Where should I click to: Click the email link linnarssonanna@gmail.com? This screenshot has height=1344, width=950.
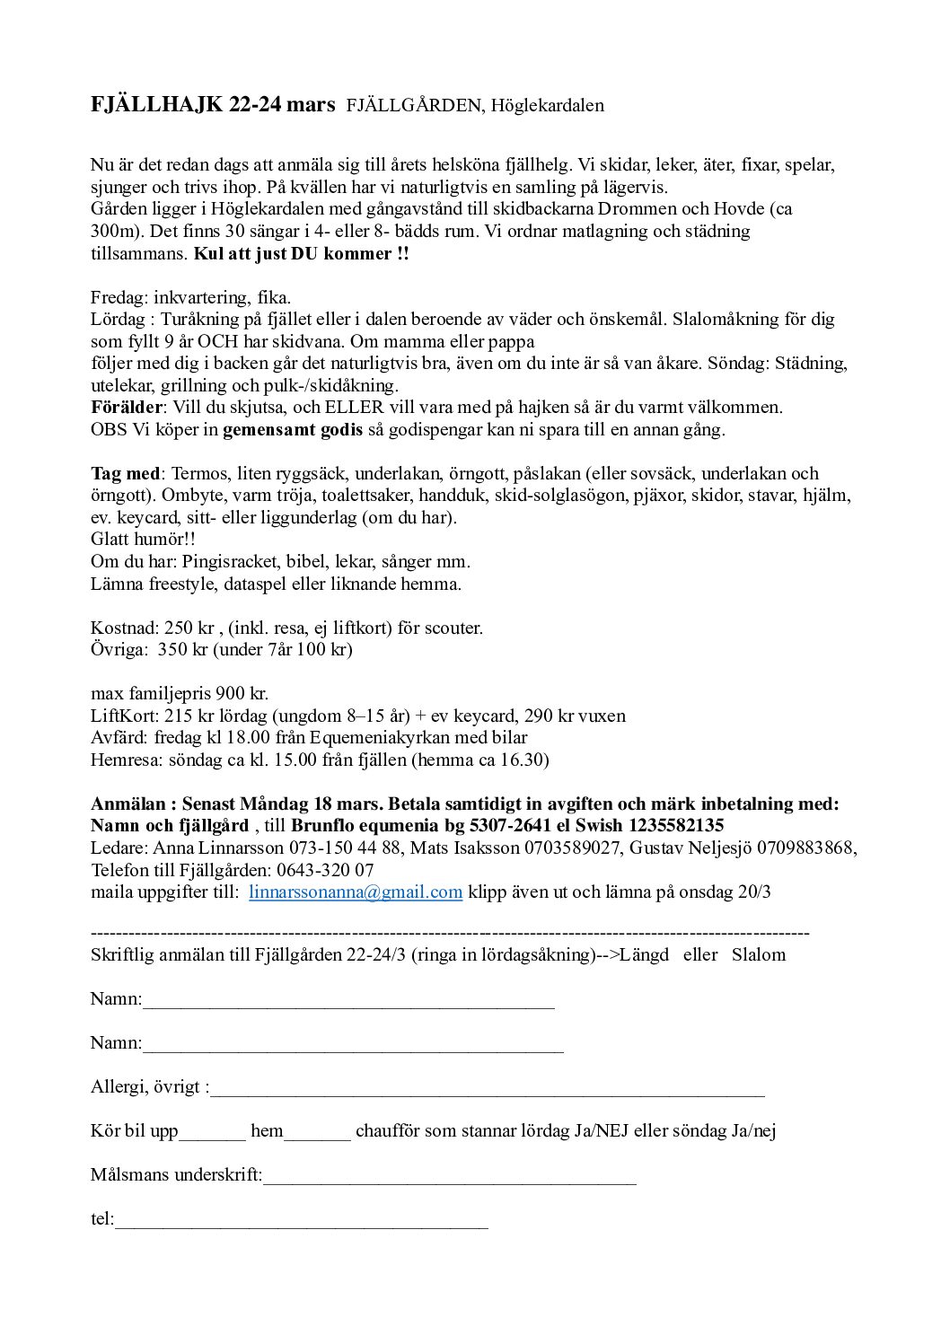[355, 892]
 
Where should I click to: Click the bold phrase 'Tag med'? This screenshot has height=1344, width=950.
[126, 473]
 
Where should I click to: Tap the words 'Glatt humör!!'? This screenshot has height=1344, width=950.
[143, 540]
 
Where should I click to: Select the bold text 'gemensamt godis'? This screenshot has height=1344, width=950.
[293, 429]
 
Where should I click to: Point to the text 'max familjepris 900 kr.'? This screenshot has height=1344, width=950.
[180, 694]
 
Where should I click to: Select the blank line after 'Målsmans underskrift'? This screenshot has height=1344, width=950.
[449, 1176]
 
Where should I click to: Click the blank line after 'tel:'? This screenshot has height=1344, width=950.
[301, 1220]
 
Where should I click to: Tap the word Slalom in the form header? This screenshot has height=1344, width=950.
[759, 954]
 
